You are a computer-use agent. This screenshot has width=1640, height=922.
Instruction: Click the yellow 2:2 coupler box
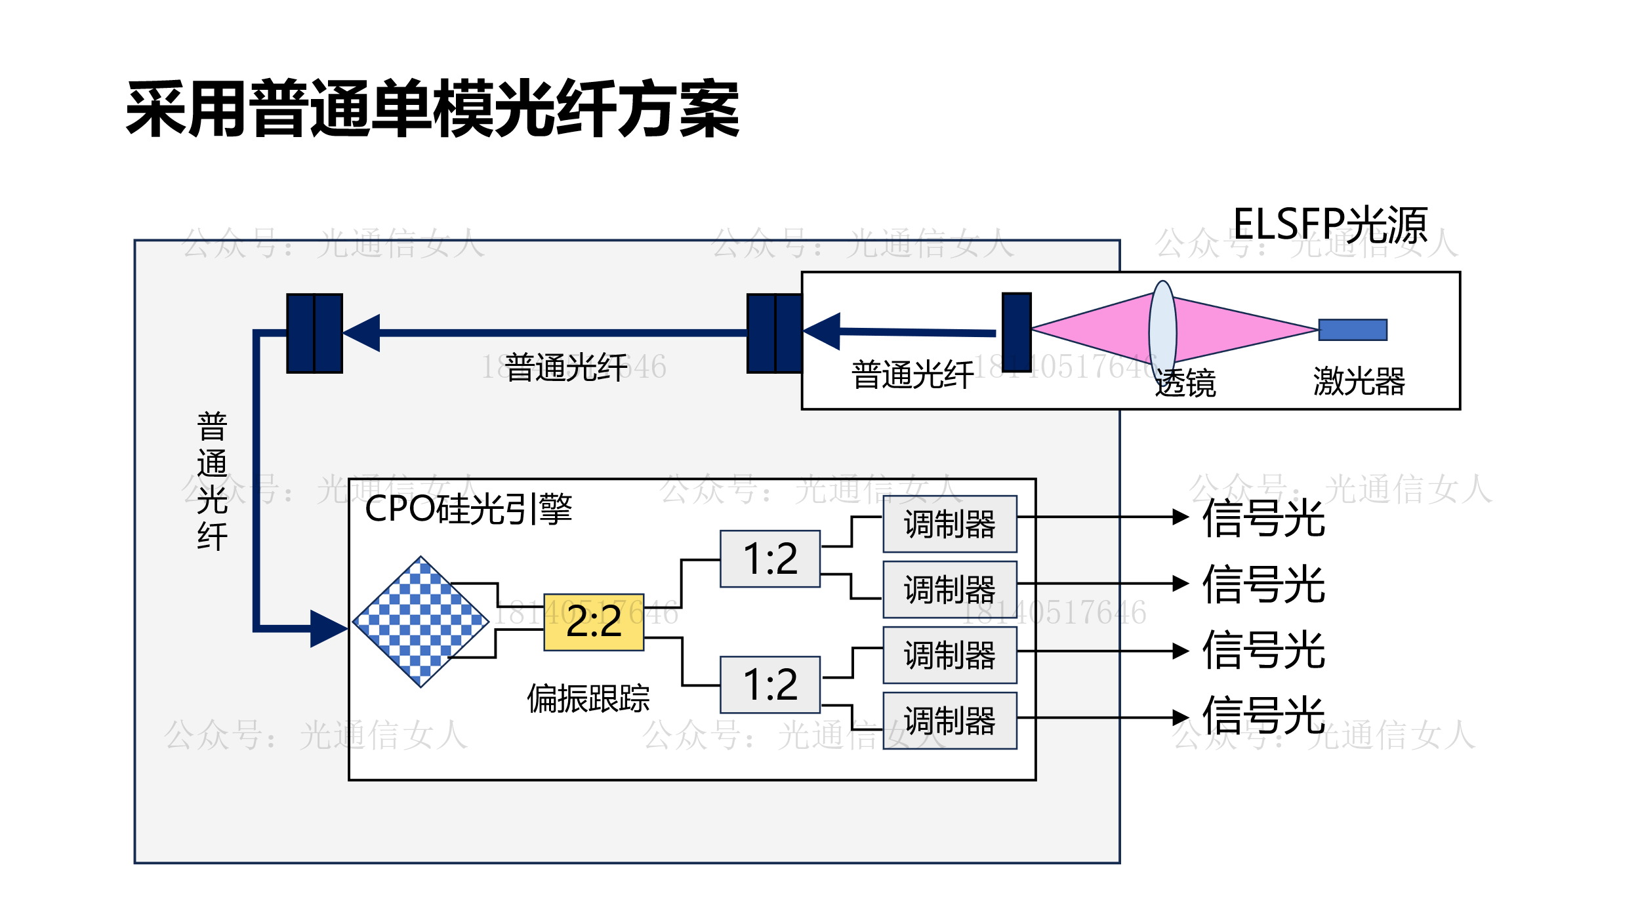pos(594,622)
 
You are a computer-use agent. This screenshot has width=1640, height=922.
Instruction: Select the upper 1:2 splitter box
pos(769,559)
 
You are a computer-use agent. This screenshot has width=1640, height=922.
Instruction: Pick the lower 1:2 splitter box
pos(769,685)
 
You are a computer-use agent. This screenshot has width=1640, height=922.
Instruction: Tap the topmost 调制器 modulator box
pos(949,524)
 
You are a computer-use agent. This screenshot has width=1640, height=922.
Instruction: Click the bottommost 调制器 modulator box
pos(949,721)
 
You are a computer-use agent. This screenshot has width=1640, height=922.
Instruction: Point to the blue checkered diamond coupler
pos(420,622)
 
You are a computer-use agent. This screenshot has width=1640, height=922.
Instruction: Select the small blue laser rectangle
pos(1353,330)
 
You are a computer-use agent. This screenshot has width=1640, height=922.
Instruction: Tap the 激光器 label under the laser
pos(1359,381)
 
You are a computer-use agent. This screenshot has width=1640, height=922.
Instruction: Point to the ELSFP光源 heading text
pos(1330,224)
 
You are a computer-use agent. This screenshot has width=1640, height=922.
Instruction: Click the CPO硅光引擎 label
pos(468,509)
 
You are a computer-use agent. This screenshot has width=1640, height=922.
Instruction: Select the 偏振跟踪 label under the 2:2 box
pos(588,698)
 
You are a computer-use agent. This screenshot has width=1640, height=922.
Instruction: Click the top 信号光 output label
pos(1263,518)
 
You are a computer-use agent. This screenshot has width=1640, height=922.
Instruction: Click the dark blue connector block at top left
pos(315,333)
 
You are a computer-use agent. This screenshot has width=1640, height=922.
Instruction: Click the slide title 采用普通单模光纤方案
pos(433,108)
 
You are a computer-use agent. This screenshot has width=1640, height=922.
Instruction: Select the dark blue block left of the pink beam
pos(1016,332)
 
